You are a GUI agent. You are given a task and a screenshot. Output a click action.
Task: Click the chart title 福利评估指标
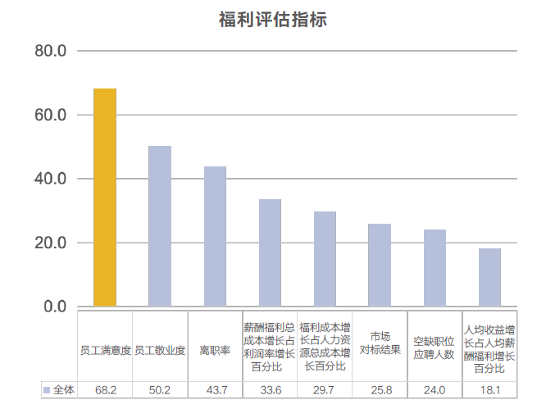[x=273, y=20]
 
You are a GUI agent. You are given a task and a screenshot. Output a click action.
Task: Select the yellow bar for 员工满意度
[x=105, y=198]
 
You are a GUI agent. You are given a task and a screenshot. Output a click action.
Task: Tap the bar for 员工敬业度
[x=160, y=226]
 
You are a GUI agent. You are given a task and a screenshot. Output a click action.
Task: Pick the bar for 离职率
[x=215, y=236]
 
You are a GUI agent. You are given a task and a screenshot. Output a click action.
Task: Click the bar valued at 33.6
[x=270, y=252]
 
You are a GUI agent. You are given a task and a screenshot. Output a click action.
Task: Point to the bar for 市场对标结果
[x=380, y=265]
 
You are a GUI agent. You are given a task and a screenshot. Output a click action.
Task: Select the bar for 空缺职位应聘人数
[x=435, y=268]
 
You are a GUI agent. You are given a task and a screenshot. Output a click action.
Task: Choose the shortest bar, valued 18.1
[x=489, y=277]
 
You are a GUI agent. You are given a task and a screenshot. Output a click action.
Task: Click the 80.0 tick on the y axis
[x=51, y=51]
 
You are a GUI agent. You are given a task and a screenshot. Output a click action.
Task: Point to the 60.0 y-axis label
[x=51, y=115]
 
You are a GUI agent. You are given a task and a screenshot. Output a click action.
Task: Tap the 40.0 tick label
[x=51, y=179]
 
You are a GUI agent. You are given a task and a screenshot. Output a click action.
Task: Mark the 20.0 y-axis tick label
[x=51, y=243]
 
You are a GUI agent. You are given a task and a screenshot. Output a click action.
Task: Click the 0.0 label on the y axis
[x=55, y=307]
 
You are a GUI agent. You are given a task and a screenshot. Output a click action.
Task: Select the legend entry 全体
[x=59, y=390]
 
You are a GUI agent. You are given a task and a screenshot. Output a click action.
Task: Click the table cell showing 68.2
[x=106, y=390]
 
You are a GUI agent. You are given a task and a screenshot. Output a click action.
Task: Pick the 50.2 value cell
[x=161, y=390]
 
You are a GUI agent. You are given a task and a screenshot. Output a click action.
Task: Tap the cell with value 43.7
[x=216, y=390]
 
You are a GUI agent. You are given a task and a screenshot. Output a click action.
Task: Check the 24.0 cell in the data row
[x=435, y=390]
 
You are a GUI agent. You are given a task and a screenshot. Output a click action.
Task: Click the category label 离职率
[x=216, y=351]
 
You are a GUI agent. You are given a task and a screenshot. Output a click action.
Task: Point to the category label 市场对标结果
[x=380, y=344]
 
